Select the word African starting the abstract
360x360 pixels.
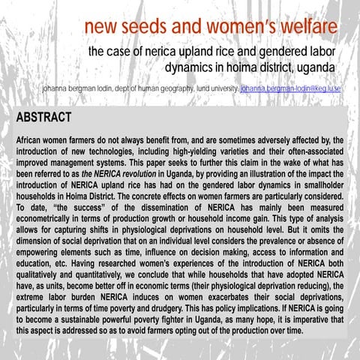(x=33, y=140)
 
